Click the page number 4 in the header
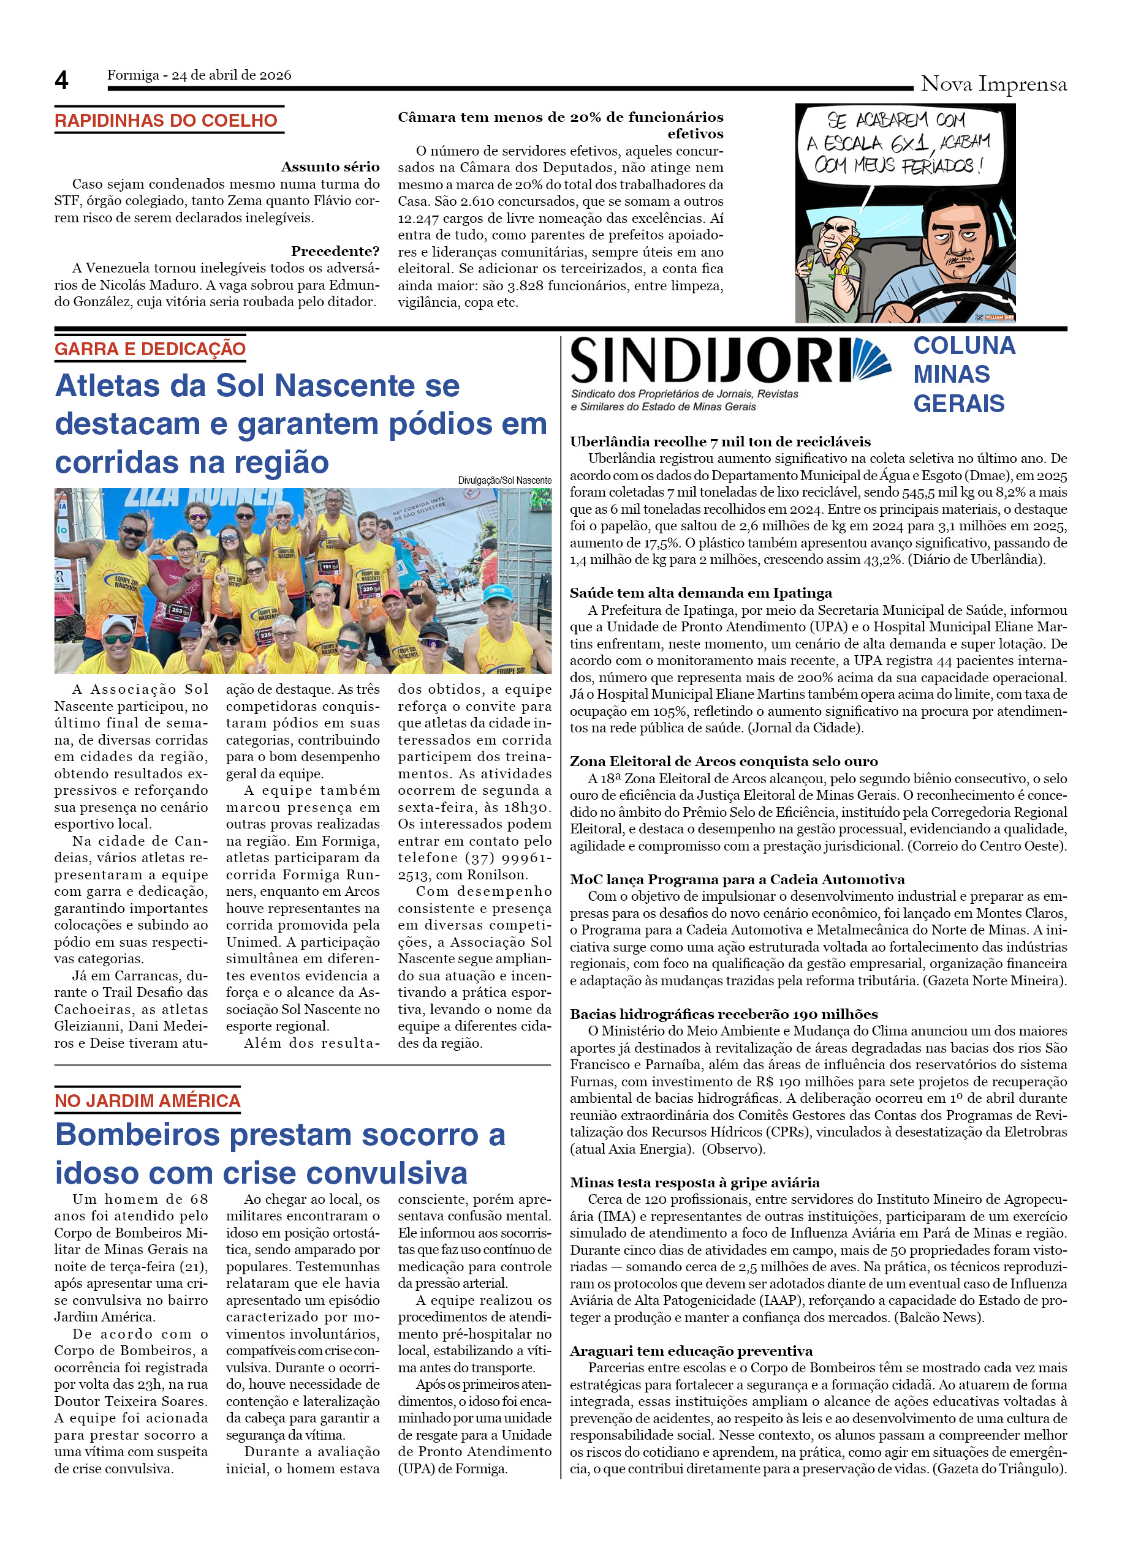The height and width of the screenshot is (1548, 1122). (x=61, y=81)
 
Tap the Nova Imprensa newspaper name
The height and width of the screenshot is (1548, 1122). (x=993, y=84)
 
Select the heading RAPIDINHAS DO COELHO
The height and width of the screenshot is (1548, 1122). (x=166, y=121)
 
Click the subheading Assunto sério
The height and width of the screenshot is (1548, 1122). (x=330, y=167)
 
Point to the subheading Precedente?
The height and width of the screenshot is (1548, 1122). (x=335, y=250)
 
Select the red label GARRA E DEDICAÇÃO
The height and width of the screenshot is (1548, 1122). (x=150, y=349)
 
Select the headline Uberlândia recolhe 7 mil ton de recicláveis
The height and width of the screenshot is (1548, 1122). (x=720, y=441)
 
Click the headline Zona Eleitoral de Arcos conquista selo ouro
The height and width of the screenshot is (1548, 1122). (x=724, y=761)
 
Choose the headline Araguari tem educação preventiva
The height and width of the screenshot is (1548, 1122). (x=691, y=1351)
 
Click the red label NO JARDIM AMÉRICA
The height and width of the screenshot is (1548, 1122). (x=148, y=1101)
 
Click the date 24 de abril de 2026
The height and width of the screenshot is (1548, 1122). (x=231, y=75)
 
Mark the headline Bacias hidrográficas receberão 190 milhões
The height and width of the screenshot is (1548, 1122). (x=724, y=1013)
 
